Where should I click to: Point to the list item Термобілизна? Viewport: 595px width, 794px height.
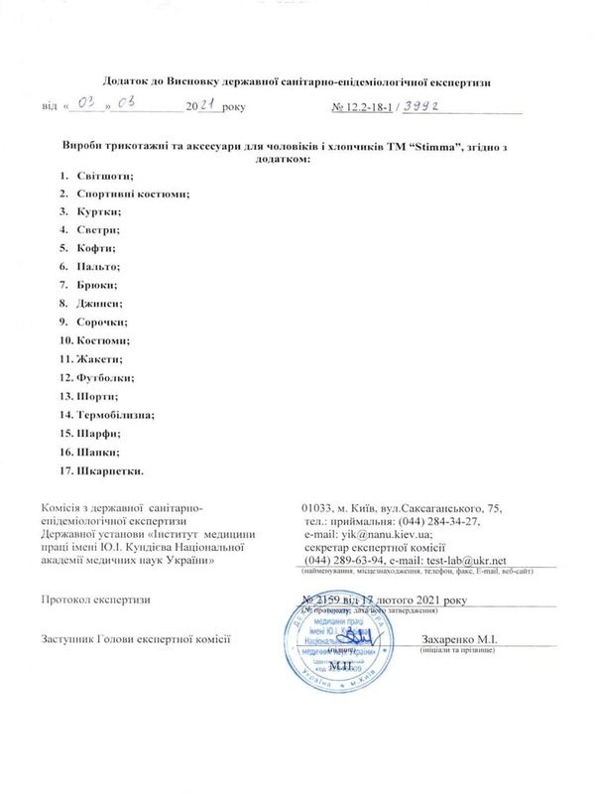point(114,414)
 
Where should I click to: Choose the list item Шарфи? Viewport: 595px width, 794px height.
point(98,433)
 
